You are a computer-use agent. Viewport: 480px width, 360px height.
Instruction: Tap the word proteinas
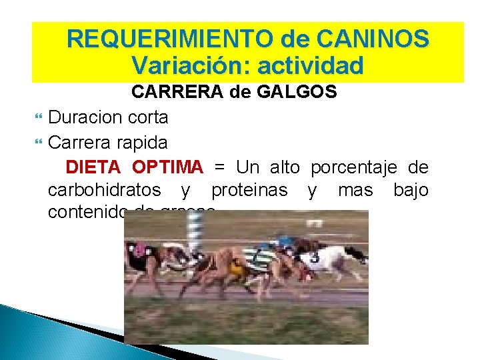tap(249, 191)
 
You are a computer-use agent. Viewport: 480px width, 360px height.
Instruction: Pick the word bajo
tap(411, 191)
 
